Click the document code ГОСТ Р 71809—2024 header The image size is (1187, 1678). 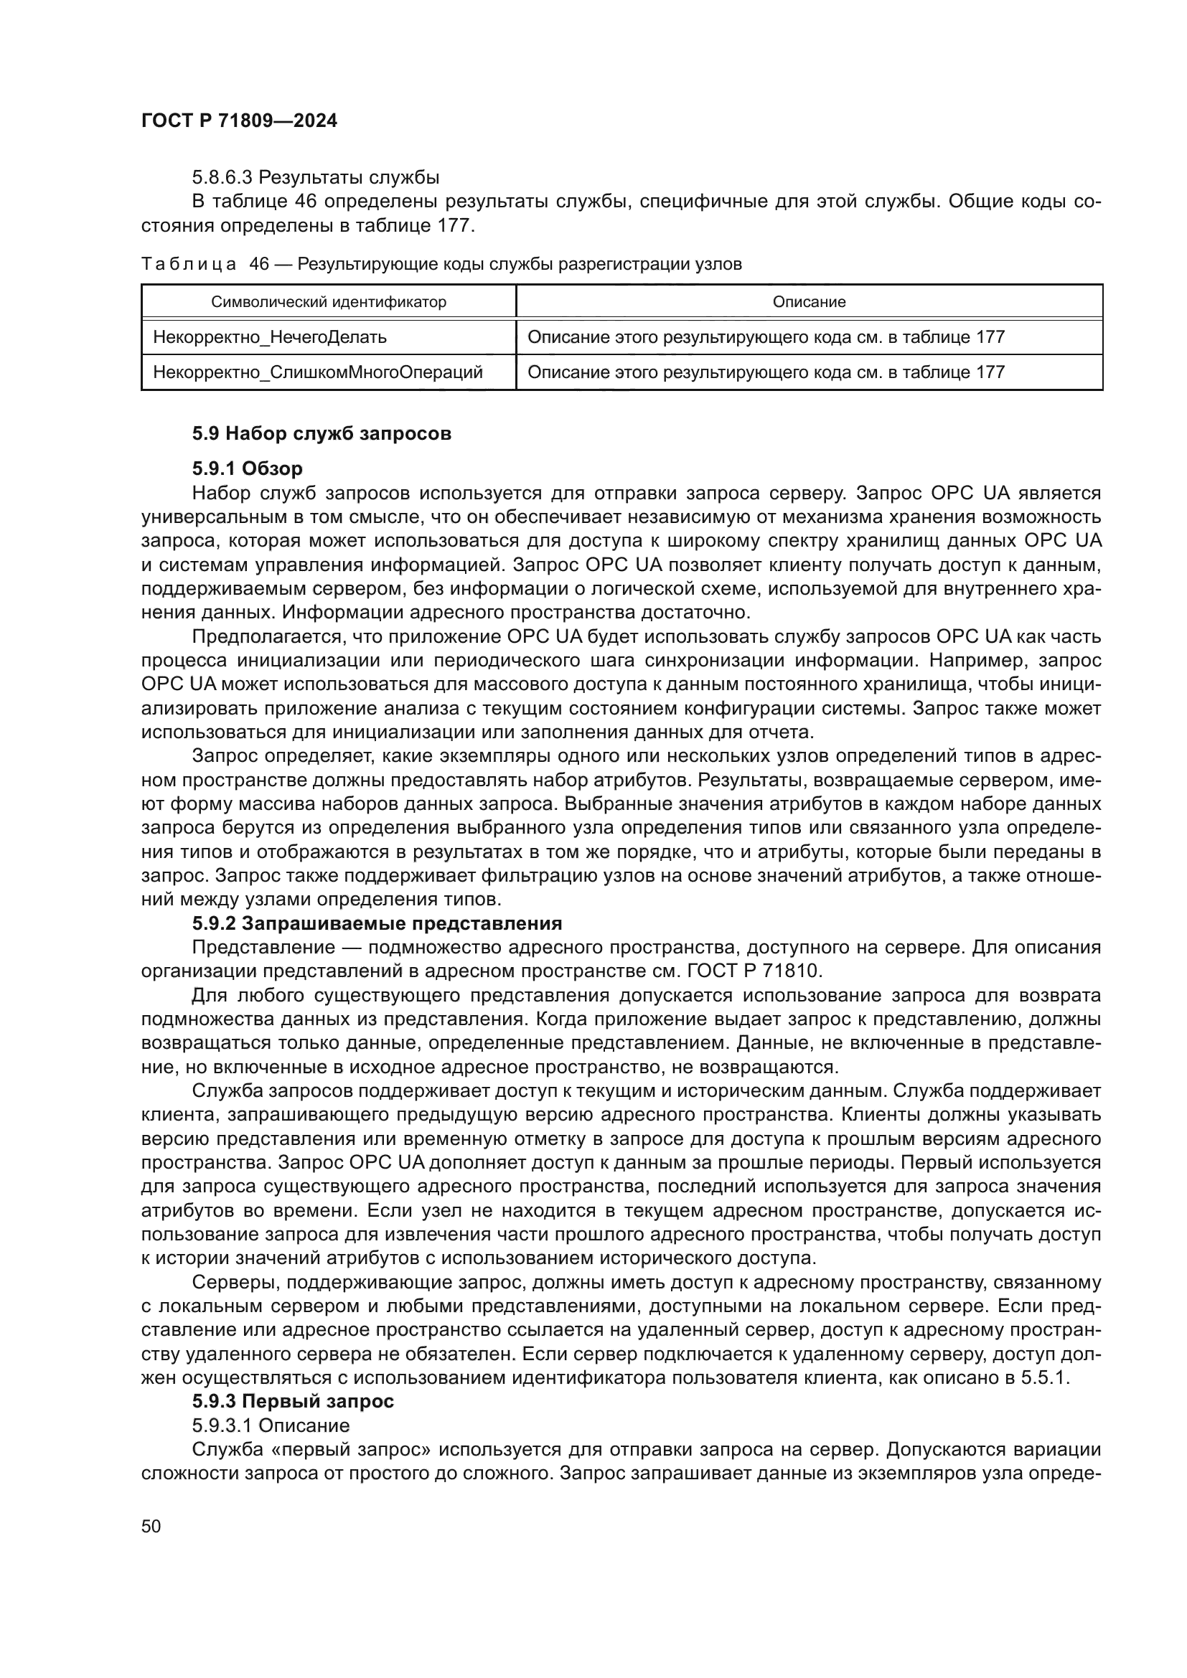click(x=239, y=121)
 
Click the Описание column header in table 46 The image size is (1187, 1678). click(x=808, y=302)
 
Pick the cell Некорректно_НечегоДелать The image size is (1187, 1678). click(x=270, y=337)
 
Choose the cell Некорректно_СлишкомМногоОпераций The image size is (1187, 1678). click(x=317, y=372)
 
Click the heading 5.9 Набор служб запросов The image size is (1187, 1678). click(x=322, y=433)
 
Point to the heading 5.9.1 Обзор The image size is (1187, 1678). click(x=247, y=468)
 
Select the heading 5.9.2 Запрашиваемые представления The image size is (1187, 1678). click(x=377, y=923)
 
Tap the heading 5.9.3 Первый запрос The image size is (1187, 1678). click(x=293, y=1401)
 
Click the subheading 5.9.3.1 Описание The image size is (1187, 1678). click(x=271, y=1425)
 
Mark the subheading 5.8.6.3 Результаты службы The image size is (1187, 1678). click(x=316, y=177)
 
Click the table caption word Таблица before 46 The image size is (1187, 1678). click(x=189, y=265)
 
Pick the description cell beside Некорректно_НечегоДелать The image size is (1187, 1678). click(x=766, y=337)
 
